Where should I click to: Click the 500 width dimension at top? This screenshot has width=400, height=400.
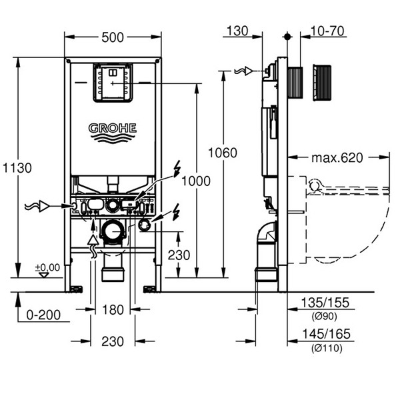(x=113, y=37)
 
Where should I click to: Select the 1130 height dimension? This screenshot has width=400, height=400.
(x=16, y=168)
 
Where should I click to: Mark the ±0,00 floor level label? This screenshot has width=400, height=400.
(x=47, y=267)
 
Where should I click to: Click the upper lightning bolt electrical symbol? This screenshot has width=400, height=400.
(x=176, y=169)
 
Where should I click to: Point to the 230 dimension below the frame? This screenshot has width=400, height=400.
(x=113, y=341)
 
